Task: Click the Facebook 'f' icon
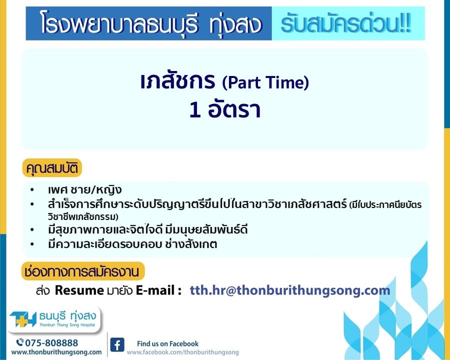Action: (x=117, y=345)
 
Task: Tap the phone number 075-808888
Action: (x=51, y=343)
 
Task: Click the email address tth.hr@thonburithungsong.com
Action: (x=290, y=290)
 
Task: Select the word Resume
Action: (x=79, y=290)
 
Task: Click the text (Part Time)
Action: (x=265, y=82)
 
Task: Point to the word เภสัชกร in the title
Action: (x=177, y=81)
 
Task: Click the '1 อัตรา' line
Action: (x=225, y=109)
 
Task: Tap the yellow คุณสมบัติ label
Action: (x=52, y=168)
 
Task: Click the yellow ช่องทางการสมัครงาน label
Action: (x=82, y=271)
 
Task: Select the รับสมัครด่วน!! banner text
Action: (x=346, y=23)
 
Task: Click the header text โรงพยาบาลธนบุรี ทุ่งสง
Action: (x=151, y=23)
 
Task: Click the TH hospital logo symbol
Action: (x=23, y=319)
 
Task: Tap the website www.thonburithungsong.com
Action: (x=56, y=352)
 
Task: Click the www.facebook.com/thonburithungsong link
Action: (x=183, y=352)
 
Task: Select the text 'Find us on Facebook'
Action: (x=167, y=343)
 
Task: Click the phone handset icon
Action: (x=20, y=342)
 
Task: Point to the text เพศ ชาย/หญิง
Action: (x=85, y=190)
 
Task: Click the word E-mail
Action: (x=155, y=290)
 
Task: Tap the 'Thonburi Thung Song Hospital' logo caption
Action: (x=67, y=325)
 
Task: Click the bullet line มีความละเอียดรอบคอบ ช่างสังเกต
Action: (x=132, y=244)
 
